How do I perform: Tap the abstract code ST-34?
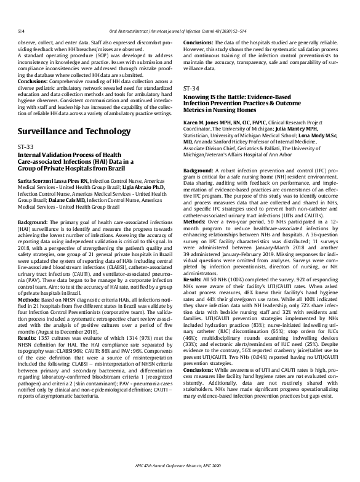pos(191,89)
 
